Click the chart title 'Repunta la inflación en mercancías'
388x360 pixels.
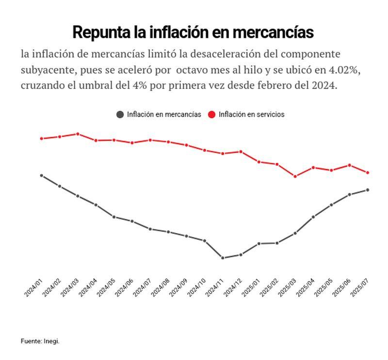[x=193, y=32]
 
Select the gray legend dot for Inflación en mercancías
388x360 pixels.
[x=120, y=114]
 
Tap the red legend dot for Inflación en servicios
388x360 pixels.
[x=211, y=114]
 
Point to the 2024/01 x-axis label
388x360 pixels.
[x=33, y=288]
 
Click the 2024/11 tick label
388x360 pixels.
[x=214, y=288]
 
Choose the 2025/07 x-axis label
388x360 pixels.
[x=359, y=288]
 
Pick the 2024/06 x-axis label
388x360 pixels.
[x=124, y=288]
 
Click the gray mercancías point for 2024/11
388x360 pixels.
[x=223, y=258]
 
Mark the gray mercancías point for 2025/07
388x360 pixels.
[x=368, y=190]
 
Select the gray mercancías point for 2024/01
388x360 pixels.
[x=42, y=175]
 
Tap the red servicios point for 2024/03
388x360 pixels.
[x=78, y=134]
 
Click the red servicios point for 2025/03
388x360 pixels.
[x=295, y=176]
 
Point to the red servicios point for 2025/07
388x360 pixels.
[x=368, y=172]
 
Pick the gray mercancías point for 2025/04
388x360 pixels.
[x=313, y=217]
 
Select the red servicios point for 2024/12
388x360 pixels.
[x=241, y=152]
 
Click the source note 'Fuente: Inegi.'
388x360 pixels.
[x=40, y=341]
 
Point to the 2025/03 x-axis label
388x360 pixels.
[x=287, y=288]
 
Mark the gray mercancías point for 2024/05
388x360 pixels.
[x=114, y=217]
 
